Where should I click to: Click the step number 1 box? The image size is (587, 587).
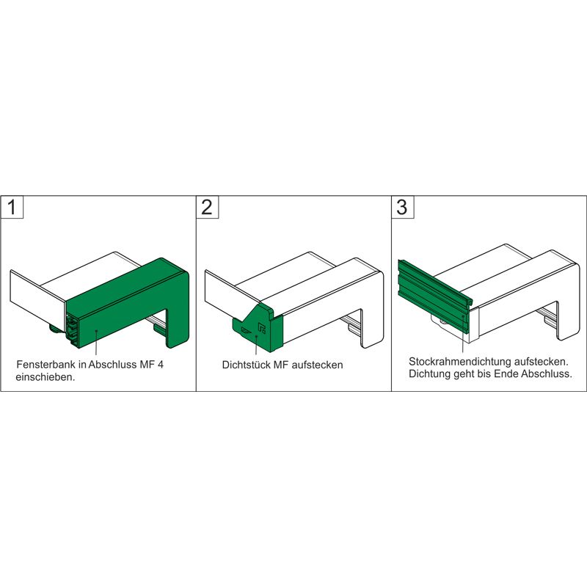[x=12, y=206]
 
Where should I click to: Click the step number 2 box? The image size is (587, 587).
[x=207, y=206]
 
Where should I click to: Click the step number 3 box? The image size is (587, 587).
[x=401, y=206]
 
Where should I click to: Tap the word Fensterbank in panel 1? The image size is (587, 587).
[x=42, y=365]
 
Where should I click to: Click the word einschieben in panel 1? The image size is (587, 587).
[x=43, y=377]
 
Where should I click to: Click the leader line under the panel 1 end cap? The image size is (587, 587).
[x=95, y=345]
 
